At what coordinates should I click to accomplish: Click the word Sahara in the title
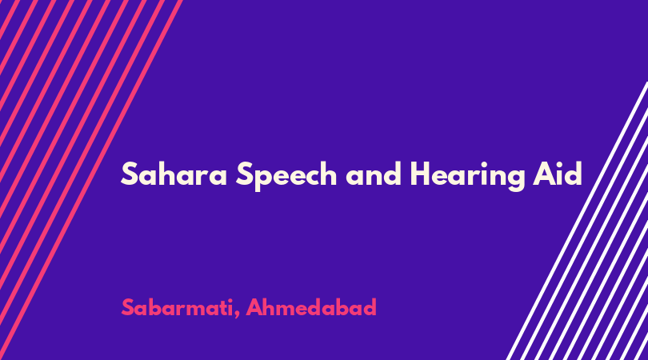pos(174,174)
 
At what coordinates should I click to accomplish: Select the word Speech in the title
pos(286,176)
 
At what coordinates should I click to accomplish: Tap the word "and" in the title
pos(374,174)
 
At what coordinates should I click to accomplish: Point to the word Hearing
pos(467,176)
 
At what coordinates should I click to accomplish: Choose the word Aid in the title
pos(558,173)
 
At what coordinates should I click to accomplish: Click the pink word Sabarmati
pos(178,307)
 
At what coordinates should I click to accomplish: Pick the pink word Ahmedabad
pos(311,307)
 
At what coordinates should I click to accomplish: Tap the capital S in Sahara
pos(129,174)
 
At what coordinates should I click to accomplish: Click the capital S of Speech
pos(244,174)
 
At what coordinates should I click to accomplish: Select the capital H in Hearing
pos(420,174)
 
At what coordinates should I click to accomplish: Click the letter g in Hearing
pos(515,178)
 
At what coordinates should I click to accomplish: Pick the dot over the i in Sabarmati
pos(230,300)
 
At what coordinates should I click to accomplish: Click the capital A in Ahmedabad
pos(254,307)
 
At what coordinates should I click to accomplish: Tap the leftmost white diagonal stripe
pos(578,221)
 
